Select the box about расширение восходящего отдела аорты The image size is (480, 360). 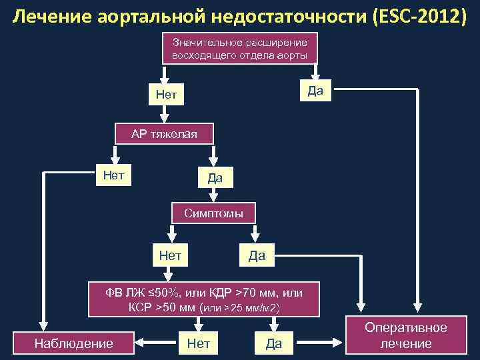click(239, 49)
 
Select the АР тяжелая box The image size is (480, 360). click(164, 134)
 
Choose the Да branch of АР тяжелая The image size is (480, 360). click(215, 177)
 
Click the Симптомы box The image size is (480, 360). click(213, 213)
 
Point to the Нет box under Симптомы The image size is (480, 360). click(171, 255)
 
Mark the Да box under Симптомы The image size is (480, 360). click(256, 255)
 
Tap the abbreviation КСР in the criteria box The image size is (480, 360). click(141, 307)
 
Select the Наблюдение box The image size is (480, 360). click(73, 343)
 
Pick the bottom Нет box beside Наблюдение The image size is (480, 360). click(199, 343)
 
